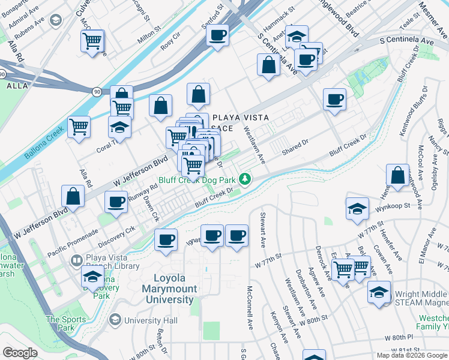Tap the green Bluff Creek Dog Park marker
(x=245, y=179)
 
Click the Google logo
(x=20, y=353)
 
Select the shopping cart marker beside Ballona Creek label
(x=79, y=127)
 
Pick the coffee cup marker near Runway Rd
(x=116, y=202)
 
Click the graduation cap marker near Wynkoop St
(x=357, y=209)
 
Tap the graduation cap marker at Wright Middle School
(x=379, y=292)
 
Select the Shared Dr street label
(x=295, y=147)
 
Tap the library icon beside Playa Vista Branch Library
(x=76, y=260)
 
